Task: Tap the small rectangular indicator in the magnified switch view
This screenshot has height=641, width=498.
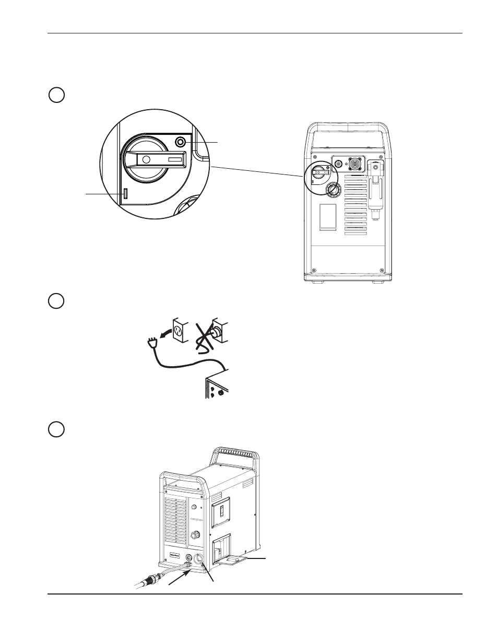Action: [x=125, y=193]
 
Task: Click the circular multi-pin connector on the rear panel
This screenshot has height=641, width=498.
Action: [x=353, y=164]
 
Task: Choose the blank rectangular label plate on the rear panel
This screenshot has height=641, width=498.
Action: [x=327, y=217]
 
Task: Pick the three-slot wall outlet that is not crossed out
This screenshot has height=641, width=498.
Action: [x=179, y=330]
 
